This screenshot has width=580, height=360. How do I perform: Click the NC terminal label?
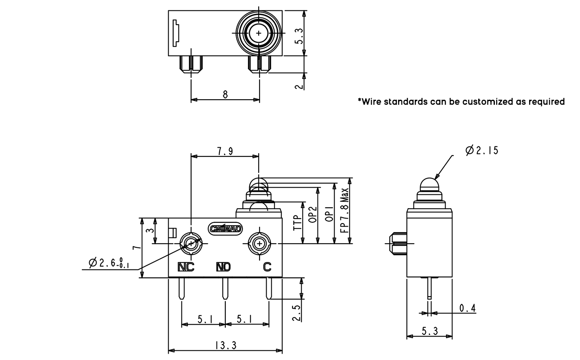(x=186, y=267)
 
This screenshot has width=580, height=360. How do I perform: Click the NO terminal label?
(x=223, y=267)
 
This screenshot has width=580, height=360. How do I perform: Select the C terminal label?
(x=267, y=267)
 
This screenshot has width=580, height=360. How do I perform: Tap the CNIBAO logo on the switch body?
(x=225, y=229)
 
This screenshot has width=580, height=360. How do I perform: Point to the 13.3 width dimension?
(x=226, y=345)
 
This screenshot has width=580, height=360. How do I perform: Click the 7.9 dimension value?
(x=225, y=151)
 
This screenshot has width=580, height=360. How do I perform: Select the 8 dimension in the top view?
(x=225, y=94)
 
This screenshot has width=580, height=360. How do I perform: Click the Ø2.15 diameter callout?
(x=482, y=150)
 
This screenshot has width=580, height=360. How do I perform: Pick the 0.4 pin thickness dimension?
(x=467, y=308)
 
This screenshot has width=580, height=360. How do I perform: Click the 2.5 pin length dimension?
(x=296, y=313)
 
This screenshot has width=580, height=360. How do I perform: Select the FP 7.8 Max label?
(x=344, y=211)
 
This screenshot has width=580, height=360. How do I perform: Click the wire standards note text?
(x=461, y=101)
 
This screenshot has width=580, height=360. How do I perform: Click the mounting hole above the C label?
(x=260, y=243)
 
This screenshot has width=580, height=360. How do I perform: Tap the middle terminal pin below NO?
(x=225, y=289)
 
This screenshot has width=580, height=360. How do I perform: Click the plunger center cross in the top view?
(x=259, y=33)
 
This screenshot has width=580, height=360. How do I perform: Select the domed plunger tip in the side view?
(x=429, y=184)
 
